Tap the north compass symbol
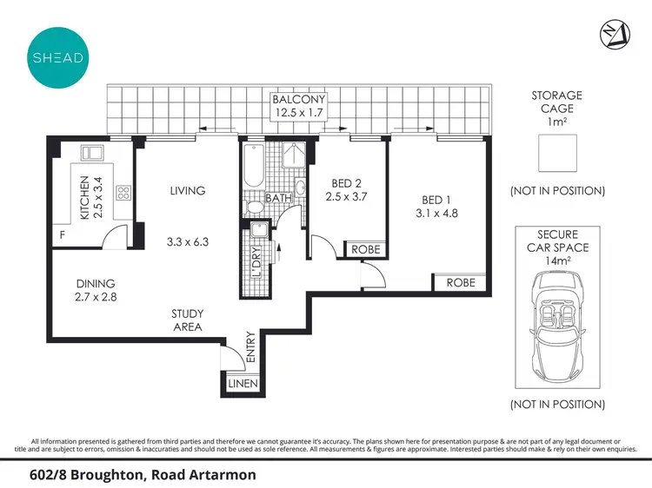(613, 36)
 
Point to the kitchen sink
(92, 154)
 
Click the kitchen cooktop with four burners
(123, 194)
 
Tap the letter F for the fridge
(62, 234)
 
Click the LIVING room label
(188, 191)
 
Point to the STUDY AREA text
(187, 320)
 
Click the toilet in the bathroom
(255, 207)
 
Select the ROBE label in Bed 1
(460, 283)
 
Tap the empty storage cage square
(557, 156)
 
